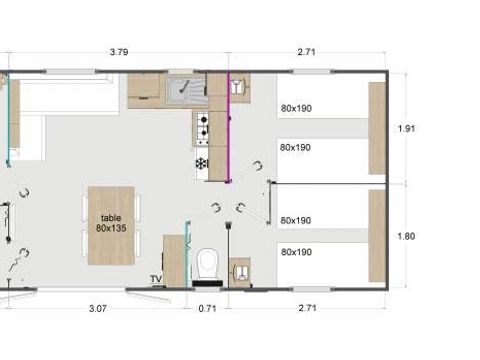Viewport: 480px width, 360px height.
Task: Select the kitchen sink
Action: pyautogui.click(x=186, y=92)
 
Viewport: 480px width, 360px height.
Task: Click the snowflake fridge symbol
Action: pyautogui.click(x=201, y=163)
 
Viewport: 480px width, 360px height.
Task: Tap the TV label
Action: pyautogui.click(x=156, y=279)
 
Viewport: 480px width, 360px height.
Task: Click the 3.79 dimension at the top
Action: pyautogui.click(x=117, y=51)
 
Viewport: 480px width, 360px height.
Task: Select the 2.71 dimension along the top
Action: pyautogui.click(x=306, y=51)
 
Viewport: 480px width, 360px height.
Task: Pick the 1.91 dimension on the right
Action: pyautogui.click(x=405, y=128)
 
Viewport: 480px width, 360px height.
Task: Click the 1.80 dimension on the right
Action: pyautogui.click(x=405, y=236)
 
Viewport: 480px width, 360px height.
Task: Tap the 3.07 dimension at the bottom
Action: pyautogui.click(x=97, y=309)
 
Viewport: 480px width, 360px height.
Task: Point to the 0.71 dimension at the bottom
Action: pyautogui.click(x=208, y=309)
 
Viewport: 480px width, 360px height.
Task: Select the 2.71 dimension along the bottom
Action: pyautogui.click(x=306, y=309)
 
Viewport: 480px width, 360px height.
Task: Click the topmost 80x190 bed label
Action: pyautogui.click(x=296, y=108)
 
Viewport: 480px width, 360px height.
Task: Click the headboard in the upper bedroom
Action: pyautogui.click(x=377, y=128)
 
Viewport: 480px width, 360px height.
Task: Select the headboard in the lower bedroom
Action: pyautogui.click(x=377, y=236)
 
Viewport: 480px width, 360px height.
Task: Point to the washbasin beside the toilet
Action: pyautogui.click(x=239, y=269)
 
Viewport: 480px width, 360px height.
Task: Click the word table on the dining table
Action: pyautogui.click(x=110, y=217)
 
